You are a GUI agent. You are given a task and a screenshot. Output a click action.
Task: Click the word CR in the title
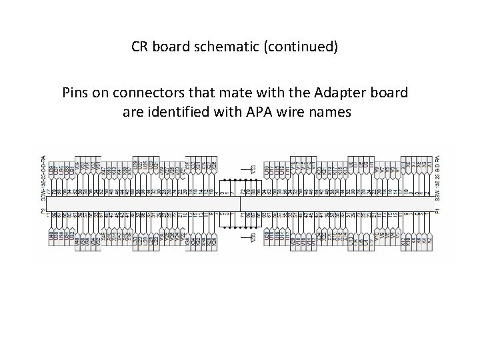pyautogui.click(x=139, y=48)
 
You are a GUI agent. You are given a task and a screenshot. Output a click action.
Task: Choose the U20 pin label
pyautogui.click(x=267, y=238)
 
